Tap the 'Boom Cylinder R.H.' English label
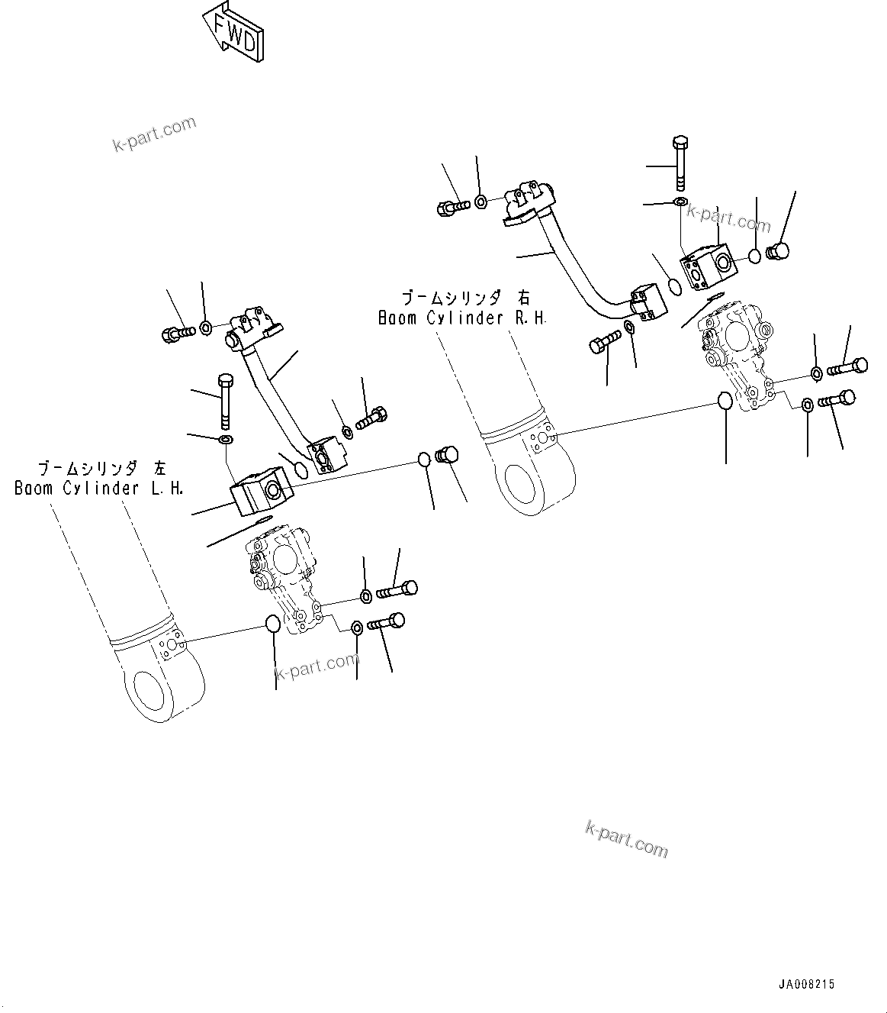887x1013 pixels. coord(462,318)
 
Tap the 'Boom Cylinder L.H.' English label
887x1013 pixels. coord(99,489)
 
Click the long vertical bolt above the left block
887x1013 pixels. coord(226,400)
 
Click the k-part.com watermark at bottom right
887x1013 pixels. coord(626,838)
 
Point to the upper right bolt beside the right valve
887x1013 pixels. coord(847,367)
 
